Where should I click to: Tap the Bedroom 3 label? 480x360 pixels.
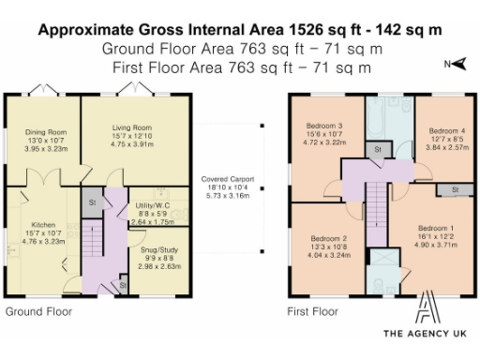pyautogui.click(x=323, y=126)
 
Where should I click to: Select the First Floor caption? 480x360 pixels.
pyautogui.click(x=312, y=310)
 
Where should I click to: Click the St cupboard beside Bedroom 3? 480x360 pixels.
pyautogui.click(x=377, y=149)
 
